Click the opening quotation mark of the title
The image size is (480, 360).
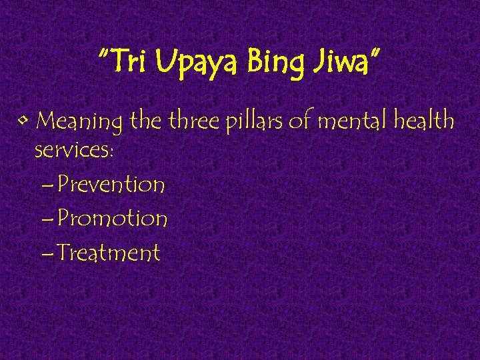point(103,53)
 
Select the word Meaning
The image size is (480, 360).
point(79,123)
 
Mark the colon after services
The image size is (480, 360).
point(112,151)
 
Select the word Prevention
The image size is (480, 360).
point(111,184)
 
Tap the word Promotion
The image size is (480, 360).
point(112,219)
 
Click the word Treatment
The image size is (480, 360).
point(107,253)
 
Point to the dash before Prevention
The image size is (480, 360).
point(47,185)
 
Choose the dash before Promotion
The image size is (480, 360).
point(47,220)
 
